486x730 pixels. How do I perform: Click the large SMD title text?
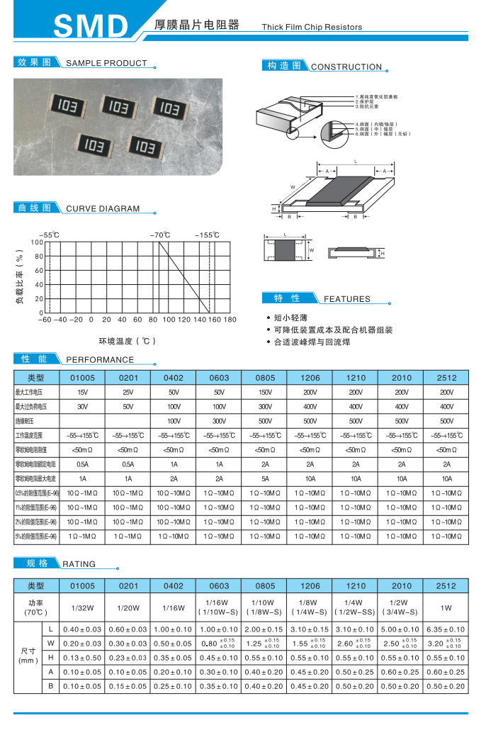[89, 26]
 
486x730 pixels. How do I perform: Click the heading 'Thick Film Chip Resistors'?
[312, 27]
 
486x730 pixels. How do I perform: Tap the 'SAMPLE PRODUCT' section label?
[106, 63]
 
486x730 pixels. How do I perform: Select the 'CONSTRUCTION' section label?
[346, 67]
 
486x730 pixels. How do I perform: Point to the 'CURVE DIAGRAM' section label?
[103, 209]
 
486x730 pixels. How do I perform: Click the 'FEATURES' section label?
[347, 299]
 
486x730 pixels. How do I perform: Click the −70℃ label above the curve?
[159, 235]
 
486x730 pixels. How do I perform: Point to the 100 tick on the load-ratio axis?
[37, 242]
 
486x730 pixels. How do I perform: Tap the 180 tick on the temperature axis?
[230, 320]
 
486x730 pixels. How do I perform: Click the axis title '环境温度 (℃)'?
[127, 341]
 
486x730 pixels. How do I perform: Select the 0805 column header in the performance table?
[265, 378]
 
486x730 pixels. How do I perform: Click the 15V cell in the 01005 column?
[82, 392]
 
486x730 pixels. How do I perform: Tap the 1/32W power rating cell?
[82, 607]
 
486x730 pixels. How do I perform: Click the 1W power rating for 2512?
[446, 607]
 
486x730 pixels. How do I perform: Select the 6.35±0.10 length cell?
[446, 629]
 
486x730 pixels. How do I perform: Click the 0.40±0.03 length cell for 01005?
[82, 629]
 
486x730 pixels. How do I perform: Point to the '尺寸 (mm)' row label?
[28, 655]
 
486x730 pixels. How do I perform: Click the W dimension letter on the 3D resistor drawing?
[292, 187]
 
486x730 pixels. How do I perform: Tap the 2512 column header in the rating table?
[446, 586]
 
